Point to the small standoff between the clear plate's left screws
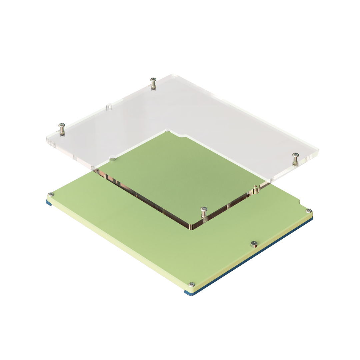pos(109,107)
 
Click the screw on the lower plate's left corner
pos(51,194)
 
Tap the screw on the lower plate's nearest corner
pos(191,284)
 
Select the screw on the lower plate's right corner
pos(308,211)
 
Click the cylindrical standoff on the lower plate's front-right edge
pos(254,244)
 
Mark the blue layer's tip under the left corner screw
pos(49,201)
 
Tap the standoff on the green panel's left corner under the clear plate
pos(113,157)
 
